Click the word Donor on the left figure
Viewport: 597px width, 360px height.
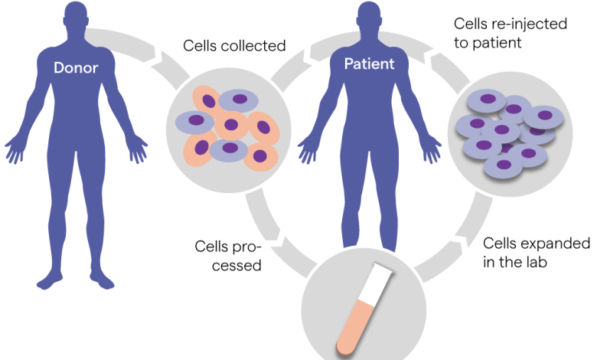(x=76, y=68)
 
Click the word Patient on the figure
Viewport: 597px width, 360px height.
(x=369, y=64)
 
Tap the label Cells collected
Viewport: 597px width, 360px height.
(x=234, y=46)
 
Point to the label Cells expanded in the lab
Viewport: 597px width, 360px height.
(x=536, y=253)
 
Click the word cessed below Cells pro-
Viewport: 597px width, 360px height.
(x=237, y=266)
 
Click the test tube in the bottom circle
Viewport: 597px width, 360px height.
(x=364, y=309)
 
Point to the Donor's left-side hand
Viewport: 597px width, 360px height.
(x=15, y=149)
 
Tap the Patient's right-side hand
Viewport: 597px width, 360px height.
(x=431, y=149)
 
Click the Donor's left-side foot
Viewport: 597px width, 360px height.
(x=50, y=280)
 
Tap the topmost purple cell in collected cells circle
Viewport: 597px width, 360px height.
(x=239, y=100)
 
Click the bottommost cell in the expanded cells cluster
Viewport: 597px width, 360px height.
(x=503, y=166)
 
